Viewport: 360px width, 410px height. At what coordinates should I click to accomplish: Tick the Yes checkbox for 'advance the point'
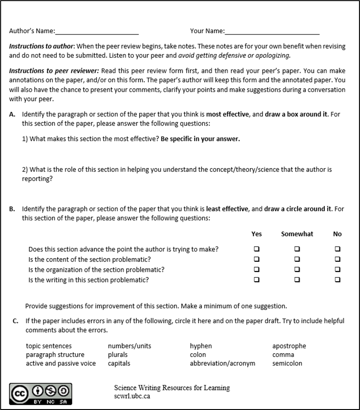coord(256,249)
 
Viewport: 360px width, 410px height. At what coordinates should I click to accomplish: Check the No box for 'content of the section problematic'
coord(337,259)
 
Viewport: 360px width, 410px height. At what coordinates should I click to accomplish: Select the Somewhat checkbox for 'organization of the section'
coord(297,270)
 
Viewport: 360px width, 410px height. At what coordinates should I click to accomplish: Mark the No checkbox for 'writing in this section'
coord(337,279)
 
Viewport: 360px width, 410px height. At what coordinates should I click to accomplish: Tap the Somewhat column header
coord(297,234)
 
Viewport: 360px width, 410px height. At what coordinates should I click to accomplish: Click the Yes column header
coord(256,234)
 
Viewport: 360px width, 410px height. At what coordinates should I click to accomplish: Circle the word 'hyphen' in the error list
coord(201,346)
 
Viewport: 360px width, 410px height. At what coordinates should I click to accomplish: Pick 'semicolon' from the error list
coord(287,363)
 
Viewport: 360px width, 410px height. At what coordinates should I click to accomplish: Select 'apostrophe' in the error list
coord(289,346)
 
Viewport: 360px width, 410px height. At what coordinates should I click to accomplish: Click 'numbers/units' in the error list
coord(129,346)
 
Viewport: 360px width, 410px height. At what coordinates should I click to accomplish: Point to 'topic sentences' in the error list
coord(49,346)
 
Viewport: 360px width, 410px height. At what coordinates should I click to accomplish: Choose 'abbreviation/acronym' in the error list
coord(222,363)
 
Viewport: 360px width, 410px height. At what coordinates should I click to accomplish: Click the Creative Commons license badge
coord(40,394)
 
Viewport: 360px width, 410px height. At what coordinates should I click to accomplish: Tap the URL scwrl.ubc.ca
coord(132,396)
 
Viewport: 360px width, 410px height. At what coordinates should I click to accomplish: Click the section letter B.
coord(12,209)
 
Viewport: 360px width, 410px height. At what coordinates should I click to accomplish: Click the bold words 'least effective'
coord(227,209)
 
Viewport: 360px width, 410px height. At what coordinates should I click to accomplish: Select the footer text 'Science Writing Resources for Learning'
coord(172,388)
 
